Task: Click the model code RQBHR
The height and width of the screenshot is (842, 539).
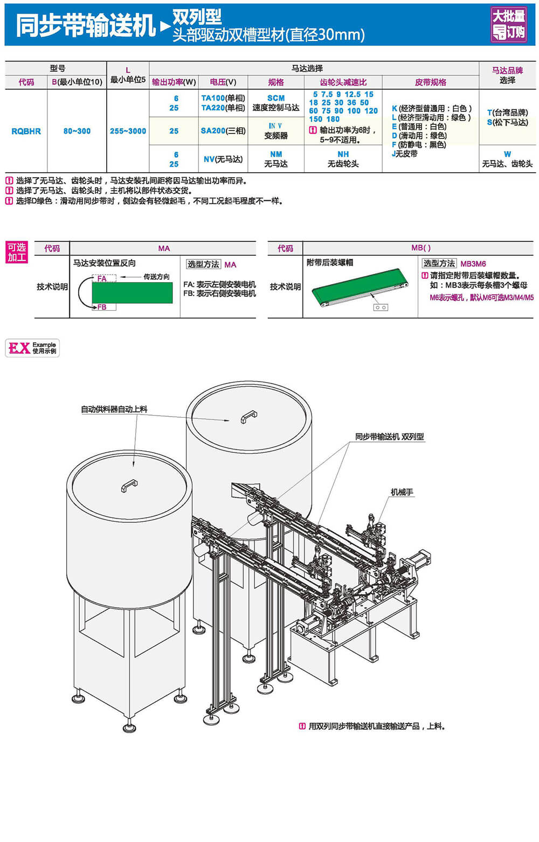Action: [x=26, y=131]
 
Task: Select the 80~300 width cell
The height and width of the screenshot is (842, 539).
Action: [x=77, y=131]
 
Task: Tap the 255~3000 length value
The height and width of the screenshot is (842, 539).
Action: [x=128, y=131]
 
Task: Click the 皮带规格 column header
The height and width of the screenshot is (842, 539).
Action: [x=430, y=82]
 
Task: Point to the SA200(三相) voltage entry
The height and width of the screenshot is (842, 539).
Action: [x=223, y=131]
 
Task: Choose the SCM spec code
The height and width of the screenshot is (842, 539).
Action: [x=275, y=98]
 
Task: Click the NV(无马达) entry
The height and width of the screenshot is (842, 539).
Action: [x=223, y=159]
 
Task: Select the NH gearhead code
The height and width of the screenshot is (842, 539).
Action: [x=343, y=155]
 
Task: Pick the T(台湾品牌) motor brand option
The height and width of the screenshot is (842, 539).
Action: [x=507, y=113]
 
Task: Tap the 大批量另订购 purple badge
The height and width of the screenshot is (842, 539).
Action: [x=508, y=25]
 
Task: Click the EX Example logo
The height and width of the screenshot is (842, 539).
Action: [x=32, y=348]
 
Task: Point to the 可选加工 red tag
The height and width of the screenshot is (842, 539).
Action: [x=17, y=252]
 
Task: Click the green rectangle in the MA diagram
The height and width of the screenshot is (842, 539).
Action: [x=132, y=292]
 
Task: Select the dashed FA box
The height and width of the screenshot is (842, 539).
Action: [x=104, y=278]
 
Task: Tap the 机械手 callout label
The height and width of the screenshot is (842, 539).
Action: [x=402, y=492]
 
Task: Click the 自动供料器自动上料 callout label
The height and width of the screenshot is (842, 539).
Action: [x=114, y=409]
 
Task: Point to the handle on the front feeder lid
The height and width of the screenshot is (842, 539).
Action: [x=129, y=485]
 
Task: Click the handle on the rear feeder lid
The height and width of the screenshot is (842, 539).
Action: [x=248, y=417]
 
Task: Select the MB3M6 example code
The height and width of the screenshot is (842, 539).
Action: [x=473, y=264]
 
